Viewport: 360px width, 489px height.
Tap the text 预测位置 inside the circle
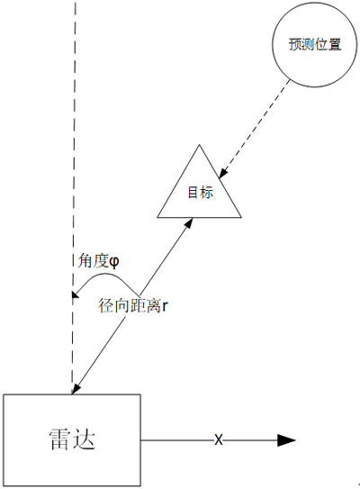pos(315,45)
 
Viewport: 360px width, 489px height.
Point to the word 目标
pos(201,193)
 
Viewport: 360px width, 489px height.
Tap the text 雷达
pos(72,439)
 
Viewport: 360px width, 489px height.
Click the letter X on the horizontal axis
pos(219,440)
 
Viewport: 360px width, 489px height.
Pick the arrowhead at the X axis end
pos(286,440)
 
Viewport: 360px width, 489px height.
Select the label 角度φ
pos(98,261)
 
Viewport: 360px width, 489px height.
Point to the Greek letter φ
pos(114,262)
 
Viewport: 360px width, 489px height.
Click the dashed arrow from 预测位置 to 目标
pos(254,129)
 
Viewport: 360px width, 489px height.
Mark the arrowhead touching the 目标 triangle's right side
pos(223,173)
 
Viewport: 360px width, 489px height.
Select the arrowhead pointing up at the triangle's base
pos(188,223)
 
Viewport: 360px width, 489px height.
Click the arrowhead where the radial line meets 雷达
pos(76,388)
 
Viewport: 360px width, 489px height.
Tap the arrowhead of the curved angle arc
pos(75,294)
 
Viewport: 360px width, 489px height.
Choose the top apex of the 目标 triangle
pos(199,145)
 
